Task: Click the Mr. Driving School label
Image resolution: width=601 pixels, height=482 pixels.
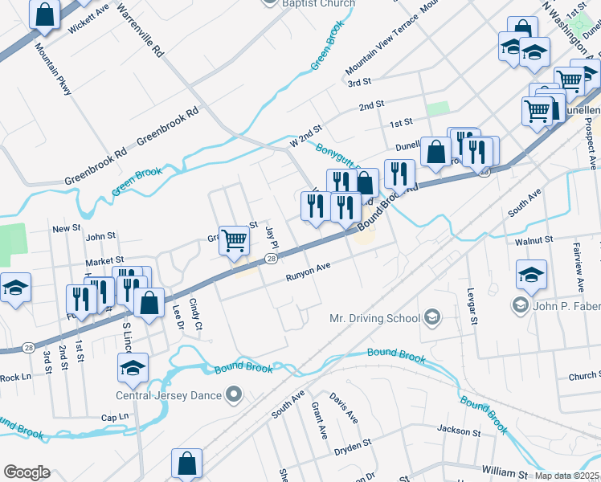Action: [375, 318]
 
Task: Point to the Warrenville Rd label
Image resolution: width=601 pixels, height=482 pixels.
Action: [140, 33]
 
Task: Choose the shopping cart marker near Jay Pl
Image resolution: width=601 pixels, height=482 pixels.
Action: [234, 240]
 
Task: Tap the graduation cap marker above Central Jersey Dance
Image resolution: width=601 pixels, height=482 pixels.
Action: [133, 369]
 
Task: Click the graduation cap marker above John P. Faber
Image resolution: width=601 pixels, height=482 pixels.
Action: [531, 275]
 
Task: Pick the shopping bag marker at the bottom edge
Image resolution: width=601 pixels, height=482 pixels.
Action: [186, 464]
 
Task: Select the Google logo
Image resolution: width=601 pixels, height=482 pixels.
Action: [27, 472]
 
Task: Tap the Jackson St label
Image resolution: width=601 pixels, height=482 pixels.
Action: [459, 431]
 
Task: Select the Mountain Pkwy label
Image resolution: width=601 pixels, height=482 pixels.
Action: [53, 67]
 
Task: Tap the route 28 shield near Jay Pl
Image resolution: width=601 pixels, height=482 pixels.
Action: [272, 258]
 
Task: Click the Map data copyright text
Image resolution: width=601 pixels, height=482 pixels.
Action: [567, 476]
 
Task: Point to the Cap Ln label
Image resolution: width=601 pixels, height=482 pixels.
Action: [114, 417]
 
